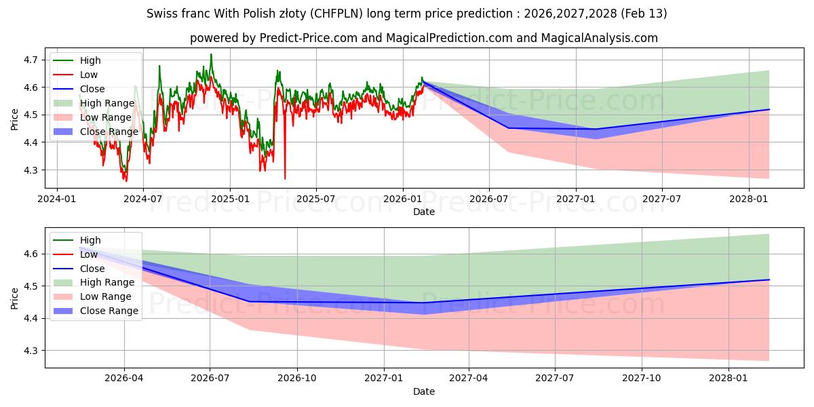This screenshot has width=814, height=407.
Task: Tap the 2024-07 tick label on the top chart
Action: [143, 199]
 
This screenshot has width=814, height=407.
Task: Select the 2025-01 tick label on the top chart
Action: [230, 199]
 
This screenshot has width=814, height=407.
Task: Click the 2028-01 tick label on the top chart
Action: [750, 199]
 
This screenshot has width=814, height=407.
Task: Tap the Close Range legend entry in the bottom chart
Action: [109, 311]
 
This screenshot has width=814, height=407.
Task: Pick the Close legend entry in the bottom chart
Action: [92, 269]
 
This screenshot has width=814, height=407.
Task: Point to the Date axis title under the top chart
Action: [424, 212]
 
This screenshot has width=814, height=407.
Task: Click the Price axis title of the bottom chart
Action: [14, 297]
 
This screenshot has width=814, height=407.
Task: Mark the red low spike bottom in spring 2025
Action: [285, 178]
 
